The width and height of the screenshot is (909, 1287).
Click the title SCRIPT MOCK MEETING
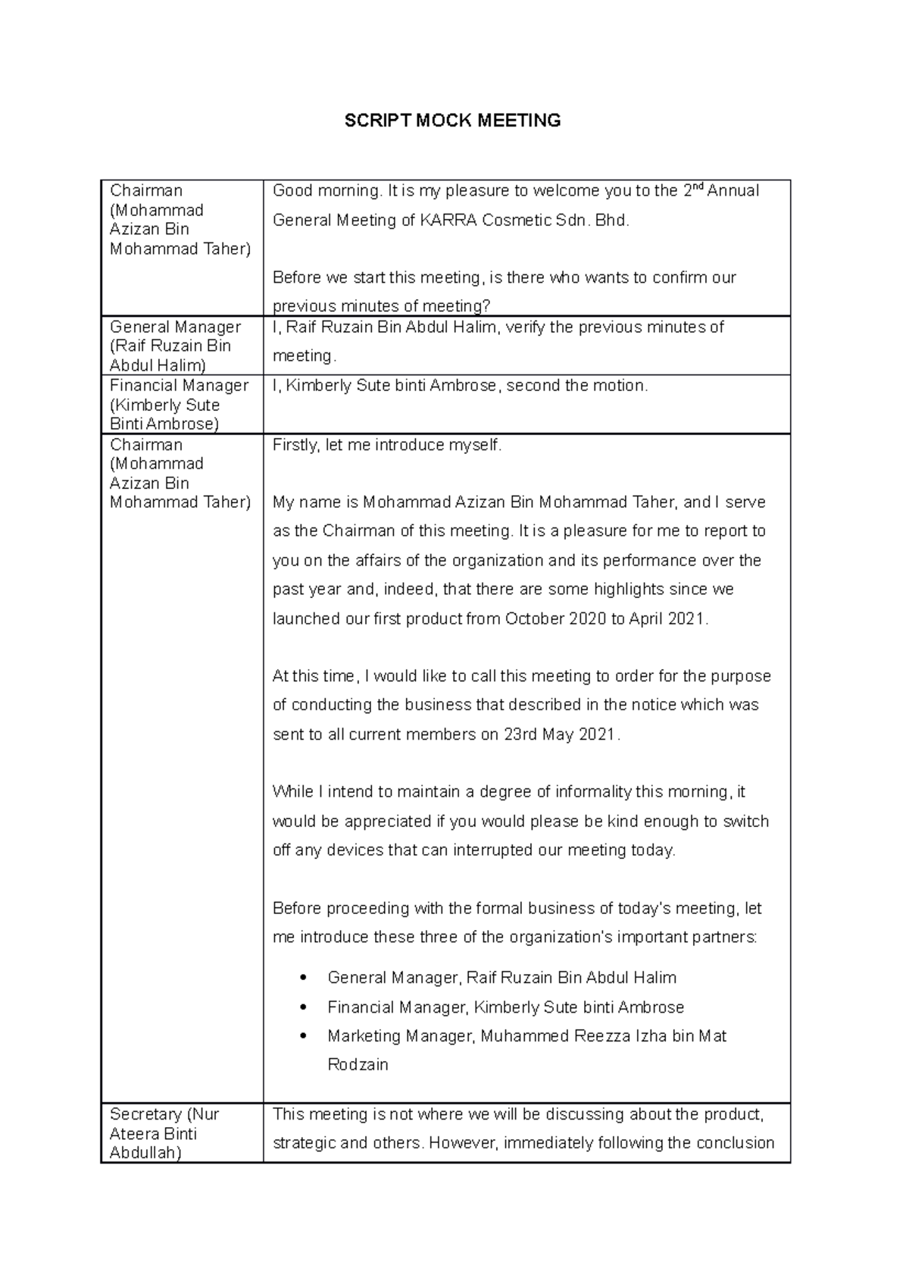[452, 121]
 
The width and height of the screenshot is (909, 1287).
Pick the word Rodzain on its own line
[358, 1064]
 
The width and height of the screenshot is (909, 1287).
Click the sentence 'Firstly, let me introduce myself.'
[387, 445]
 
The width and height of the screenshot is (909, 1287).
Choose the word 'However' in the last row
[462, 1143]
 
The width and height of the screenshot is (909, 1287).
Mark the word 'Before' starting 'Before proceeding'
[297, 908]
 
